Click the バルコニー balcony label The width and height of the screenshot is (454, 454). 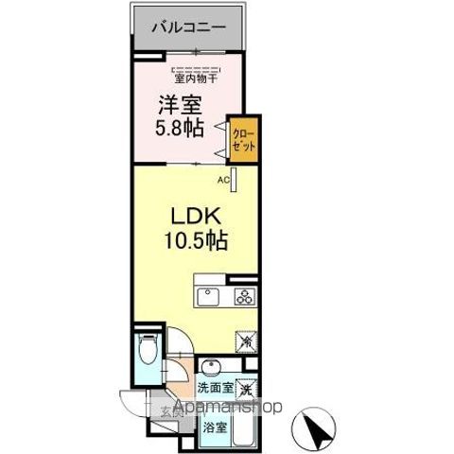[x=188, y=28]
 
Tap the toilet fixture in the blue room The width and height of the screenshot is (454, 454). [x=148, y=353]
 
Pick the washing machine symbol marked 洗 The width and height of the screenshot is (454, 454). [x=246, y=387]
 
